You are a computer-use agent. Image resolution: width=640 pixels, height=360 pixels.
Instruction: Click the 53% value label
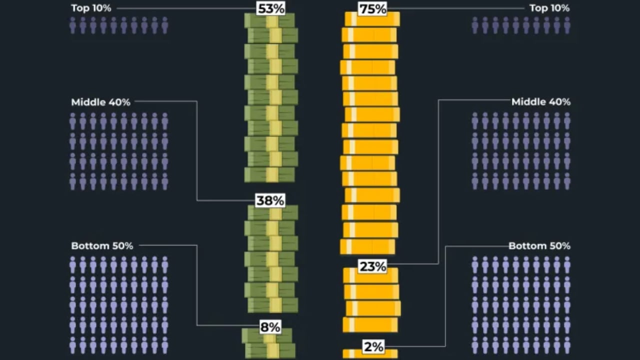(x=270, y=8)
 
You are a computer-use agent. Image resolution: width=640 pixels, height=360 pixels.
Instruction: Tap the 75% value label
(x=372, y=9)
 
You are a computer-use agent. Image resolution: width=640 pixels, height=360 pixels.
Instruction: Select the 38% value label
(x=270, y=200)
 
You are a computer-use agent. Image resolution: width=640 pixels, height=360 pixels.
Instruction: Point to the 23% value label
(x=372, y=266)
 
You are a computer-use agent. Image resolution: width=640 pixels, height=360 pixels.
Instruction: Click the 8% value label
(x=270, y=327)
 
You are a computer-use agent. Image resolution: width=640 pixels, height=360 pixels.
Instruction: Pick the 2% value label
(x=373, y=346)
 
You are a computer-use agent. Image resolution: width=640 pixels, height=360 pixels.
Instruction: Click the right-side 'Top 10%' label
(x=549, y=8)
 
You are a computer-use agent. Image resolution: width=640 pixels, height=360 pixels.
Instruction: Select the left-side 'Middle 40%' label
(x=100, y=102)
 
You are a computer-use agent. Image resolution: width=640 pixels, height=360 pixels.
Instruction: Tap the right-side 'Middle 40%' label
(x=540, y=102)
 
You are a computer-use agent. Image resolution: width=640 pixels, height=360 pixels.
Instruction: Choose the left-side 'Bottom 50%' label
(x=102, y=246)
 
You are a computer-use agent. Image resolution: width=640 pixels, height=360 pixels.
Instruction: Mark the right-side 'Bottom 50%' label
(x=539, y=246)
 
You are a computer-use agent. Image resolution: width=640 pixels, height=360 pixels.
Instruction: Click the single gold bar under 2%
(x=370, y=354)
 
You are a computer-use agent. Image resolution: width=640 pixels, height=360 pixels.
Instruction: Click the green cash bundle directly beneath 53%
(x=269, y=21)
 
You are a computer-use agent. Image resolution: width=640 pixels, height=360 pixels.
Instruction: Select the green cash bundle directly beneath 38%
(x=272, y=213)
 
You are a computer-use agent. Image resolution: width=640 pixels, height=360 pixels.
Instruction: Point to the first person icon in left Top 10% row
(x=73, y=25)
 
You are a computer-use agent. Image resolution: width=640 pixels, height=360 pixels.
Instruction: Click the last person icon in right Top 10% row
(x=567, y=25)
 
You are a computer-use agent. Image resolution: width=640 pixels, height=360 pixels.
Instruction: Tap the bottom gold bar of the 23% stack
(x=370, y=324)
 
